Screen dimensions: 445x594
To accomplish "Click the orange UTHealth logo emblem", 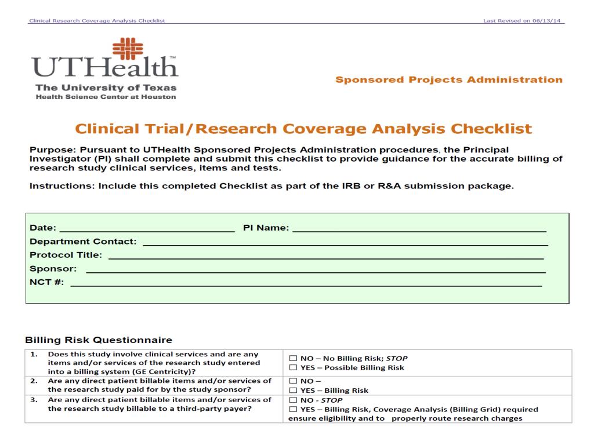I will pos(128,49).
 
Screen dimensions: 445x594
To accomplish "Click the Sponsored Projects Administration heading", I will pos(448,80).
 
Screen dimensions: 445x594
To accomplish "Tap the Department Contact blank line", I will pos(345,242).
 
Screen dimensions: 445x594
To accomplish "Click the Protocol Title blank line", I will pos(325,256).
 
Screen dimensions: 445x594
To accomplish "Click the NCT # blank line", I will pos(306,284).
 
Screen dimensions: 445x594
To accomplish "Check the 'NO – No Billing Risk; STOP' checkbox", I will pos(293,358).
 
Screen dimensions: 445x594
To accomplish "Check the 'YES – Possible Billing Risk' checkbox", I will pos(293,367).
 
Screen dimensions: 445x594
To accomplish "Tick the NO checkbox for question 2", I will pos(293,381).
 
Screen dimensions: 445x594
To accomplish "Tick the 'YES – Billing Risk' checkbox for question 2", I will pos(293,391).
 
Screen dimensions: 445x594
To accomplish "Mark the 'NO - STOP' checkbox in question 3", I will pos(293,400).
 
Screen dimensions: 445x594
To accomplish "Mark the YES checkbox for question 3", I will pos(293,410).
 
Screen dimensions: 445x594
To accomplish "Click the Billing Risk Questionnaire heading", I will pos(99,340).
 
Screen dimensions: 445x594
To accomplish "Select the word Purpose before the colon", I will pos(50,149).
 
